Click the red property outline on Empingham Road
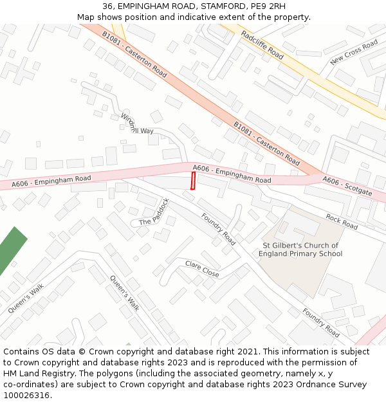click(193, 181)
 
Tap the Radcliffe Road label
click(262, 44)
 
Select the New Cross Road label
click(354, 52)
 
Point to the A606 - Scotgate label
click(347, 186)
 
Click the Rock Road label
click(342, 222)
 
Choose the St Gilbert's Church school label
click(300, 250)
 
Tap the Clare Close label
click(202, 269)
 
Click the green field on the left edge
click(11, 250)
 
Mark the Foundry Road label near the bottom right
click(320, 322)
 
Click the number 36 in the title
click(107, 6)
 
